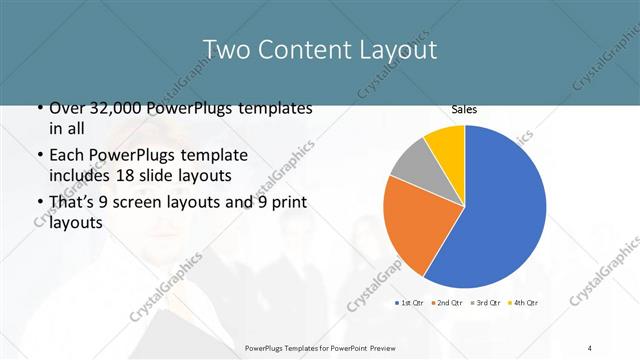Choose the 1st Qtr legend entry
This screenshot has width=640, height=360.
412,302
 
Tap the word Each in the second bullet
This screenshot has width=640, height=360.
68,156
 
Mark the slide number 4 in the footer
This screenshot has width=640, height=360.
590,347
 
